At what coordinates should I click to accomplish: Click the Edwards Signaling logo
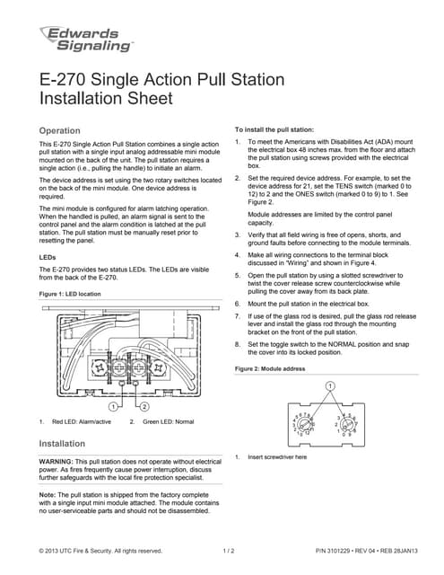coord(86,37)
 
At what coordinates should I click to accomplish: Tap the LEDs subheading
coord(49,257)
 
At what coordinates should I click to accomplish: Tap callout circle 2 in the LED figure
coord(144,406)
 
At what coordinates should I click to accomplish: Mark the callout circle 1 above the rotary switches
coord(329,385)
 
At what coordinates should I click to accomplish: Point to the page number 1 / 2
coord(228,551)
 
